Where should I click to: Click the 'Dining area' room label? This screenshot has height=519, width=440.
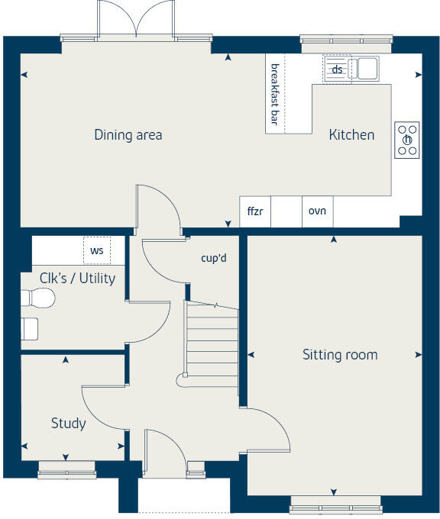pos(128,135)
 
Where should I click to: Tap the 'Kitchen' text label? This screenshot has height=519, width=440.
pos(351,135)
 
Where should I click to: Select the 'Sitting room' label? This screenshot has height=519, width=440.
pos(340,354)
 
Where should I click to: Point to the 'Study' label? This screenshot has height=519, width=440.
pos(69,423)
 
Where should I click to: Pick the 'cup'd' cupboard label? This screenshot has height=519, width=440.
pos(214,258)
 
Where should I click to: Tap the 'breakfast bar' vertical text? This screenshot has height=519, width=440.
pos(275,94)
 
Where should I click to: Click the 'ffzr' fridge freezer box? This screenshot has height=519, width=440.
pos(255,211)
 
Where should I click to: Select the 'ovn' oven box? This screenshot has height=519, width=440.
pos(317,211)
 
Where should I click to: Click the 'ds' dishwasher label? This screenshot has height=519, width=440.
pos(336,69)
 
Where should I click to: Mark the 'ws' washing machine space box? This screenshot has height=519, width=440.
pos(97,250)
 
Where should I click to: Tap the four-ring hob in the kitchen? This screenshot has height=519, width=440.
pos(407,140)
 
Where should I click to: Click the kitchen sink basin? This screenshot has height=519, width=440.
pos(367,69)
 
